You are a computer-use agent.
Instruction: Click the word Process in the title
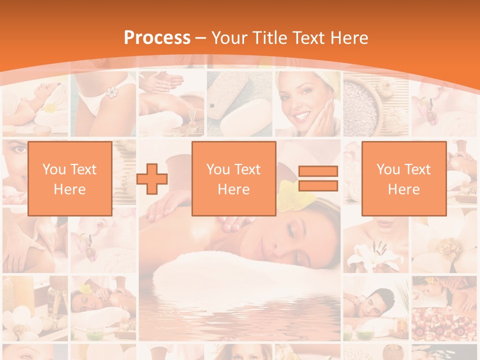pos(157,38)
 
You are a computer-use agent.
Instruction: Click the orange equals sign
pos(318,178)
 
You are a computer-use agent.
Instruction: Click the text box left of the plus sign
pos(69,178)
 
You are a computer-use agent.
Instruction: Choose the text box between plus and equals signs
pos(233,178)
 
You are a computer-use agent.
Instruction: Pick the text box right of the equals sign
pos(403,178)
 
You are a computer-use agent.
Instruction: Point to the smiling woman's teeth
pos(302,115)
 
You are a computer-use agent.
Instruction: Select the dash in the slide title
pos(201,38)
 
